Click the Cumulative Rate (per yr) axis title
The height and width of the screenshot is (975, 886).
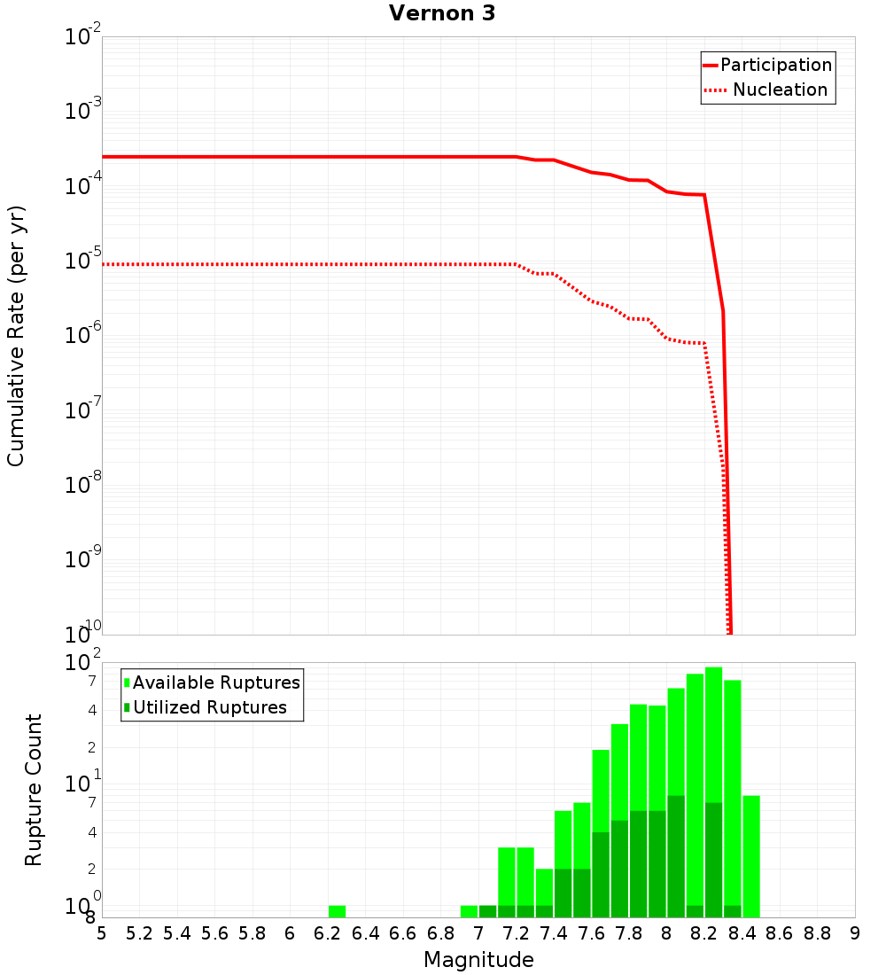16,336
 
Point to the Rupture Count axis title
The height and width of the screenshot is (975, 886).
34,790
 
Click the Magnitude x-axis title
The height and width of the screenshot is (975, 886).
478,959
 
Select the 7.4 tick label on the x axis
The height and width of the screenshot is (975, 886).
554,932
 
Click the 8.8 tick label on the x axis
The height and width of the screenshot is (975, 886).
817,932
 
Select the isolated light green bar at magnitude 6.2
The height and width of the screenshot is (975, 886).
337,911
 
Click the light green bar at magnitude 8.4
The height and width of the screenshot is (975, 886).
751,855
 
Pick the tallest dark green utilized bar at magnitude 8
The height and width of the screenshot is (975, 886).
676,855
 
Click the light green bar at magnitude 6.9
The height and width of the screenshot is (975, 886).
469,911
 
